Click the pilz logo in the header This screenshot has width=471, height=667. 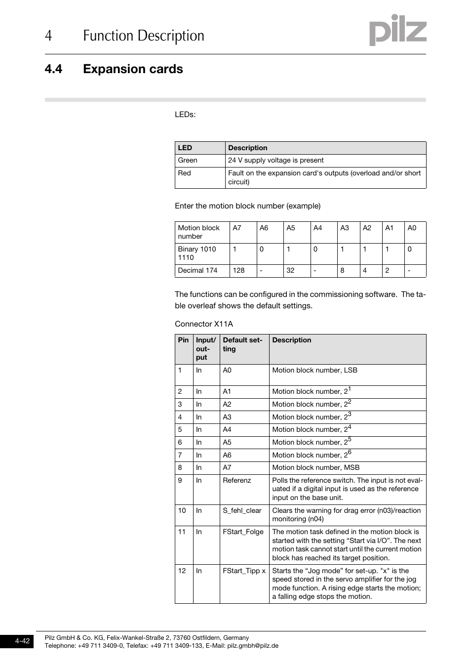click(x=397, y=31)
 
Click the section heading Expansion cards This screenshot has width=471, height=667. click(x=132, y=69)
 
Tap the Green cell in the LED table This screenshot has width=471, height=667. click(x=188, y=161)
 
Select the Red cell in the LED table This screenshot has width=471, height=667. click(x=184, y=173)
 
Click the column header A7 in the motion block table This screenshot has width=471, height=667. click(x=237, y=228)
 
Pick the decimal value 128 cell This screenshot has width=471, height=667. click(x=238, y=271)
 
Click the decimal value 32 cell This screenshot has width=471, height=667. click(x=290, y=271)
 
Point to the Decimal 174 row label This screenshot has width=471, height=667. click(x=197, y=271)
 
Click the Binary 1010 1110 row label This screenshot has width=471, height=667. click(x=196, y=253)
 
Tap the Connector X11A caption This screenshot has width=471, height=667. click(x=203, y=324)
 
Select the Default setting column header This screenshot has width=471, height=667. click(x=242, y=344)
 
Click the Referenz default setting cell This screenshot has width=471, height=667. click(x=236, y=481)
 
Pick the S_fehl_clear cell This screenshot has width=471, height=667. click(x=242, y=511)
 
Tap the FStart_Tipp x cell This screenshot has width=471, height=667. click(x=244, y=571)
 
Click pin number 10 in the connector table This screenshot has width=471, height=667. click(x=182, y=511)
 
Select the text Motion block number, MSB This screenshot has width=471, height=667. click(x=315, y=468)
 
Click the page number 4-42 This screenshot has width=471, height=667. click(x=22, y=641)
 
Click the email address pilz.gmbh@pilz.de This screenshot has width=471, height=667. click(x=253, y=646)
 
